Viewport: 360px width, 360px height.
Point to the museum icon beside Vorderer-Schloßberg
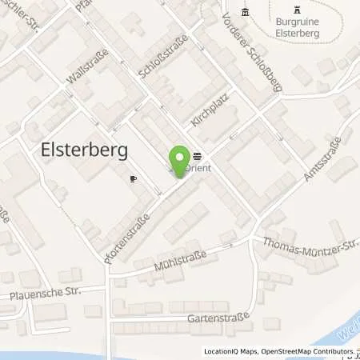coord(246,10)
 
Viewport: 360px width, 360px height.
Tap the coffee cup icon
coord(133,179)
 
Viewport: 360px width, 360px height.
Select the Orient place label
coord(197,168)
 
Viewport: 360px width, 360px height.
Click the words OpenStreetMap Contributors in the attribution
coord(299,352)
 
